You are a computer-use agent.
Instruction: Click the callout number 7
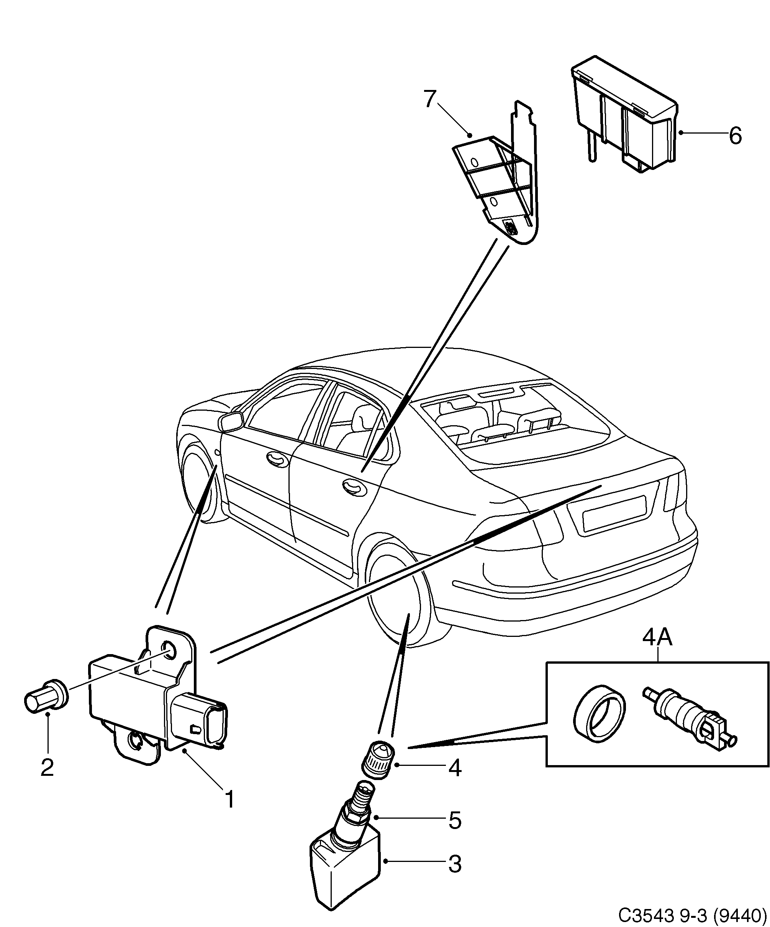pyautogui.click(x=430, y=99)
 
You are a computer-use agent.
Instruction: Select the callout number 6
pyautogui.click(x=735, y=135)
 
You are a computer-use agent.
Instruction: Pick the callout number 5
pyautogui.click(x=455, y=820)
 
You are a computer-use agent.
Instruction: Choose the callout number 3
pyautogui.click(x=455, y=864)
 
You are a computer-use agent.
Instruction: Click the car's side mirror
pyautogui.click(x=231, y=421)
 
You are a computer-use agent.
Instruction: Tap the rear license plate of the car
pyautogui.click(x=614, y=513)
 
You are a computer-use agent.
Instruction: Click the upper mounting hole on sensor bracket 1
pyautogui.click(x=169, y=650)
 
